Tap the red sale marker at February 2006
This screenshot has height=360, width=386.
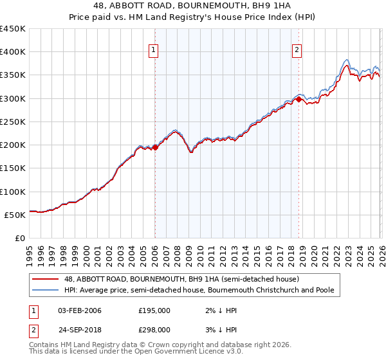point(155,147)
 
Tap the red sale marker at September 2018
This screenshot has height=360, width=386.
point(299,99)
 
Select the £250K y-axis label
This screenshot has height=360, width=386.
point(13,122)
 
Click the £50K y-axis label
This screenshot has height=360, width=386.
point(15,215)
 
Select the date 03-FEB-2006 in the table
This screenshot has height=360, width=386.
point(79,310)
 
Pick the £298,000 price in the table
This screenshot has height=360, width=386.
point(154,329)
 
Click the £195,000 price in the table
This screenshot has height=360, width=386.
point(154,310)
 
